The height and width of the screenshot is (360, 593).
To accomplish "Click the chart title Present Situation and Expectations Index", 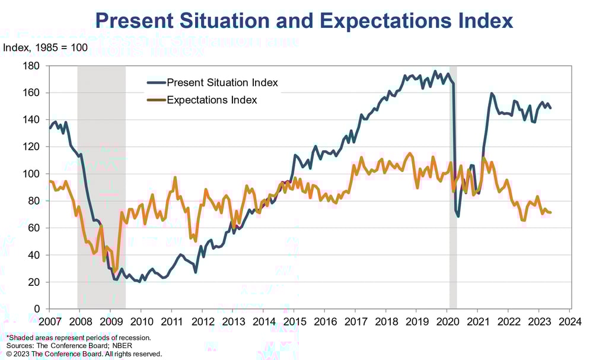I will (x=304, y=21).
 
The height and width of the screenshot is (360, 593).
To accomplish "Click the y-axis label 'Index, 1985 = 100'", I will (x=46, y=47).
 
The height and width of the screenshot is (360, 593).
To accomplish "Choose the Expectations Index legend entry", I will (x=212, y=100).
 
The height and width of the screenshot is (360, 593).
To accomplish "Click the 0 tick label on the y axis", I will (x=37, y=309).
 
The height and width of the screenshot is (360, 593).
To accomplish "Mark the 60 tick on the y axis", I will (x=34, y=228).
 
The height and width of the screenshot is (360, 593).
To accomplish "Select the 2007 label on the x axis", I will (x=49, y=321).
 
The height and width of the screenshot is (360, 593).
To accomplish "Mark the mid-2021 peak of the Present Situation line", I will (x=492, y=94).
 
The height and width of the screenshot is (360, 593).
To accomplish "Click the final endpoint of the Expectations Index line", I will (x=551, y=212).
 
